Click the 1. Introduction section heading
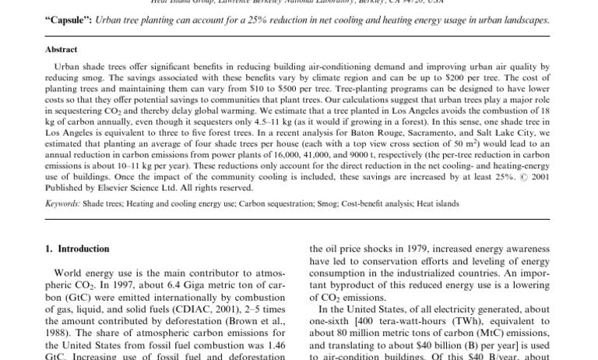tap(77, 249)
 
